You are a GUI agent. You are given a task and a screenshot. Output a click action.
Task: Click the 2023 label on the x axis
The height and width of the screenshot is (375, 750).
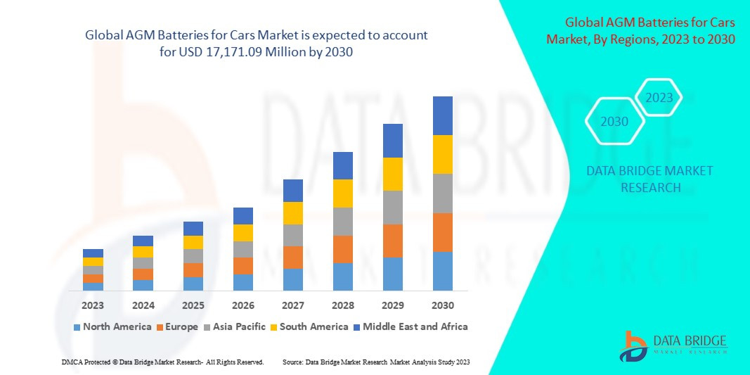click(x=93, y=305)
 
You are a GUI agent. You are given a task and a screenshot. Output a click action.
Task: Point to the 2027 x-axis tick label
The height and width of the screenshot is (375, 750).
click(x=292, y=305)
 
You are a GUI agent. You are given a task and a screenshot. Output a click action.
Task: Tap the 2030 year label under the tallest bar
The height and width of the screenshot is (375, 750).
click(x=443, y=305)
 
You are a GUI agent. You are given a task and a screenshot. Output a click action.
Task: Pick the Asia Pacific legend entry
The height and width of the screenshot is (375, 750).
click(x=235, y=326)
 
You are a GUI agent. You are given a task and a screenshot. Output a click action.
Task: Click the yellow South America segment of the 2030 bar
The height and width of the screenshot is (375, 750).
click(x=443, y=154)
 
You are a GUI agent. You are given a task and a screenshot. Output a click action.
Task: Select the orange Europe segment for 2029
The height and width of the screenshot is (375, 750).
click(x=393, y=241)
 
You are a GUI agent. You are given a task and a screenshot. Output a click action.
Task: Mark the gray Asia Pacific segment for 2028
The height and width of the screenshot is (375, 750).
click(x=342, y=221)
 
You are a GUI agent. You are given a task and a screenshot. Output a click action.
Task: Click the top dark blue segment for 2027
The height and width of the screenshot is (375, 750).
click(x=292, y=190)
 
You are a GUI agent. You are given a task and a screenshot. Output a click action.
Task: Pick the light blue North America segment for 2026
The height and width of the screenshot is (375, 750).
click(x=243, y=282)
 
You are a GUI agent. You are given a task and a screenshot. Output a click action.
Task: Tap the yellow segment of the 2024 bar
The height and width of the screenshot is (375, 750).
click(x=143, y=252)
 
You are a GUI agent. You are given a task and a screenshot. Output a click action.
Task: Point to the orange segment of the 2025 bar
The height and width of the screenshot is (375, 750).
click(x=193, y=270)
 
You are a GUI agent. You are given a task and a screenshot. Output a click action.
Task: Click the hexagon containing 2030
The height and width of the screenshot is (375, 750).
click(x=614, y=122)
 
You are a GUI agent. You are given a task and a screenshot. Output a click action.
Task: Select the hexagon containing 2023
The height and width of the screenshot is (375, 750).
click(x=659, y=98)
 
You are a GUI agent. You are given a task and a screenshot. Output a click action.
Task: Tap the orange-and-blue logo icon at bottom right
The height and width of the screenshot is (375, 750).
click(x=633, y=345)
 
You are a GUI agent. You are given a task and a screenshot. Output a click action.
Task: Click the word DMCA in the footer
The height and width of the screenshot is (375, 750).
click(x=72, y=362)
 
